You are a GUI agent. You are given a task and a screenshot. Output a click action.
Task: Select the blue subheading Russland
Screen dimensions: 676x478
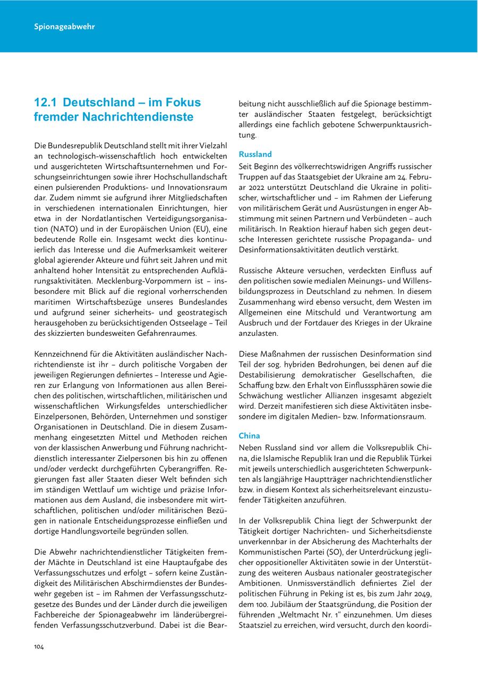tap(255, 154)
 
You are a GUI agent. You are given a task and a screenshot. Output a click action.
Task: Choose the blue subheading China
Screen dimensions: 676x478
tap(249, 436)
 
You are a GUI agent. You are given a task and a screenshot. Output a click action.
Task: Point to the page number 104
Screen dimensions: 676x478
tap(39, 646)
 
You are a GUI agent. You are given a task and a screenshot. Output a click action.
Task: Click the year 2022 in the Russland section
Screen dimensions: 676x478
tap(261, 188)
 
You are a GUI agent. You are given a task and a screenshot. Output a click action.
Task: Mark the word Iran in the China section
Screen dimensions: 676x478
tap(360, 458)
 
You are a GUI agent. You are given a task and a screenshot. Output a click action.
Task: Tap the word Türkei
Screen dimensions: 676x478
tap(419, 458)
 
